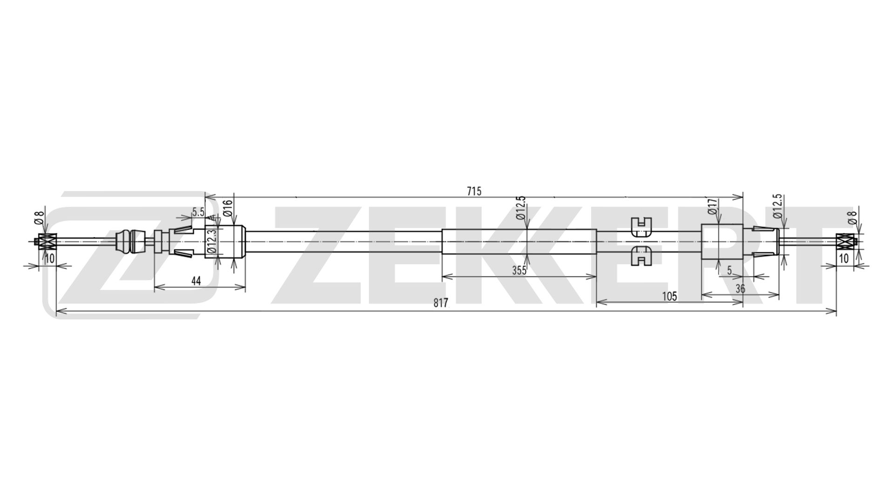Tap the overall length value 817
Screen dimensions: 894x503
point(440,303)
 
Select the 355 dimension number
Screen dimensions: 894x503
point(519,271)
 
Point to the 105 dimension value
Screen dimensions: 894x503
point(669,296)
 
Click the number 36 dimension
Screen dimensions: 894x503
point(740,289)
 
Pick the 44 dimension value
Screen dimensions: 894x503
point(196,281)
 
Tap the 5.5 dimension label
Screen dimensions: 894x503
point(198,212)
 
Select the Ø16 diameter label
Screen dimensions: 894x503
point(228,208)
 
